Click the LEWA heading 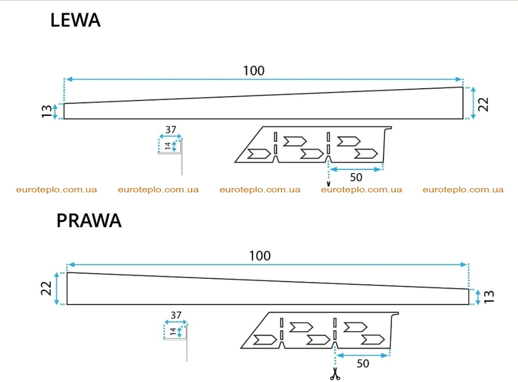pyautogui.click(x=75, y=20)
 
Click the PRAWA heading pyautogui.click(x=89, y=221)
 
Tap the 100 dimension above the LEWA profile pyautogui.click(x=254, y=71)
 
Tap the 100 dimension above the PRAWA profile pyautogui.click(x=260, y=256)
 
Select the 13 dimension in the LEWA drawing pyautogui.click(x=46, y=111)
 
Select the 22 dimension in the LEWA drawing pyautogui.click(x=483, y=104)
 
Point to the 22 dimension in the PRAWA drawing pyautogui.click(x=46, y=288)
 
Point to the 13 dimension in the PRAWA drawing pyautogui.click(x=489, y=297)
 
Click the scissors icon pyautogui.click(x=335, y=374)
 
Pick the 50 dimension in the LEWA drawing pyautogui.click(x=356, y=177)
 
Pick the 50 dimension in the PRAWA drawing pyautogui.click(x=363, y=363)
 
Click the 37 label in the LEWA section pyautogui.click(x=170, y=129)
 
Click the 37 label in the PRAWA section pyautogui.click(x=176, y=315)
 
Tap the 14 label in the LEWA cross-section pyautogui.click(x=168, y=146)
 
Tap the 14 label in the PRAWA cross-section pyautogui.click(x=173, y=331)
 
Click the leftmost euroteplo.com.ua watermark pyautogui.click(x=57, y=190)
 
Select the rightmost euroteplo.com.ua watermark pyautogui.click(x=463, y=190)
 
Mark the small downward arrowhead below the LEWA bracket pyautogui.click(x=328, y=184)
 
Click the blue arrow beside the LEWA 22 pyautogui.click(x=473, y=103)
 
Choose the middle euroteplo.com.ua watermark pyautogui.click(x=260, y=190)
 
